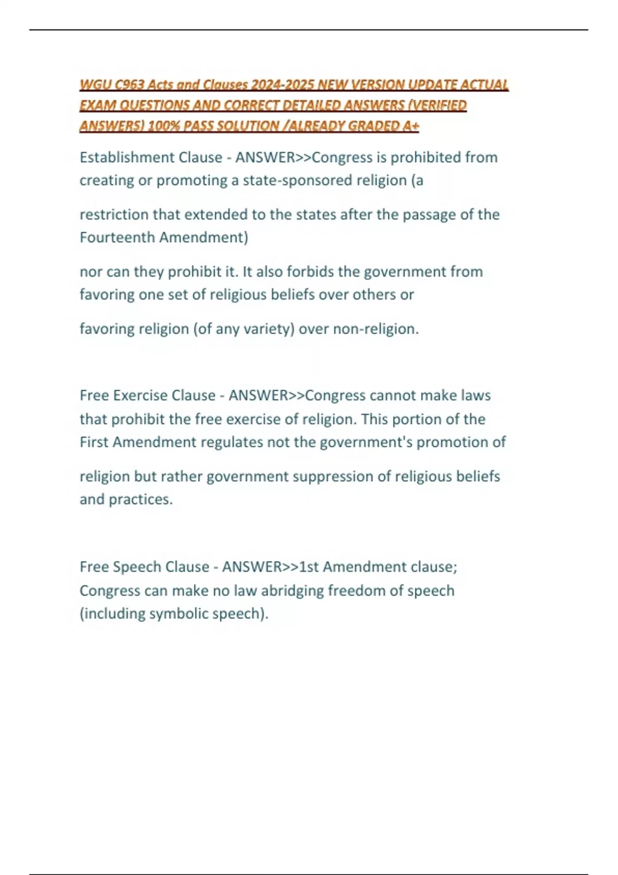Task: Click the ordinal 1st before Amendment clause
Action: point(308,567)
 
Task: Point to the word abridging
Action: point(292,590)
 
